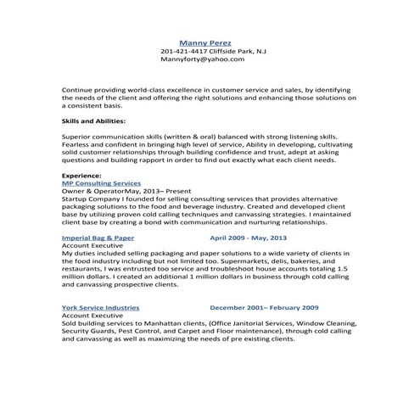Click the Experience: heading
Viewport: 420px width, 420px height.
[x=82, y=175]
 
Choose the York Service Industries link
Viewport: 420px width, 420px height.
[x=102, y=308]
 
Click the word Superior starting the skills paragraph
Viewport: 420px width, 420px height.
[x=78, y=136]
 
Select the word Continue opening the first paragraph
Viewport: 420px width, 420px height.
[x=79, y=89]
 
